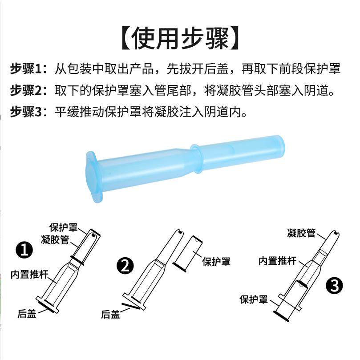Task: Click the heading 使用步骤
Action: point(180,38)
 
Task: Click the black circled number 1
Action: point(24,250)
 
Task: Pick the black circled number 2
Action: point(125,266)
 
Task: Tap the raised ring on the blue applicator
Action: point(197,159)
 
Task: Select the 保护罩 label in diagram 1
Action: point(63,227)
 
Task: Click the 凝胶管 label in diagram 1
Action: point(55,239)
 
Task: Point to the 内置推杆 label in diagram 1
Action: point(30,274)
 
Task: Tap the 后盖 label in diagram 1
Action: point(27,313)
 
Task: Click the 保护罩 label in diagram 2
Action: point(216,262)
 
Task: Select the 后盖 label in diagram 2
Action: point(111,314)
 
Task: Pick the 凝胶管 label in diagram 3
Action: point(301,233)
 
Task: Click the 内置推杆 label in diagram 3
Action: point(278,261)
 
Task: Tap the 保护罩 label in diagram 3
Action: point(254,299)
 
